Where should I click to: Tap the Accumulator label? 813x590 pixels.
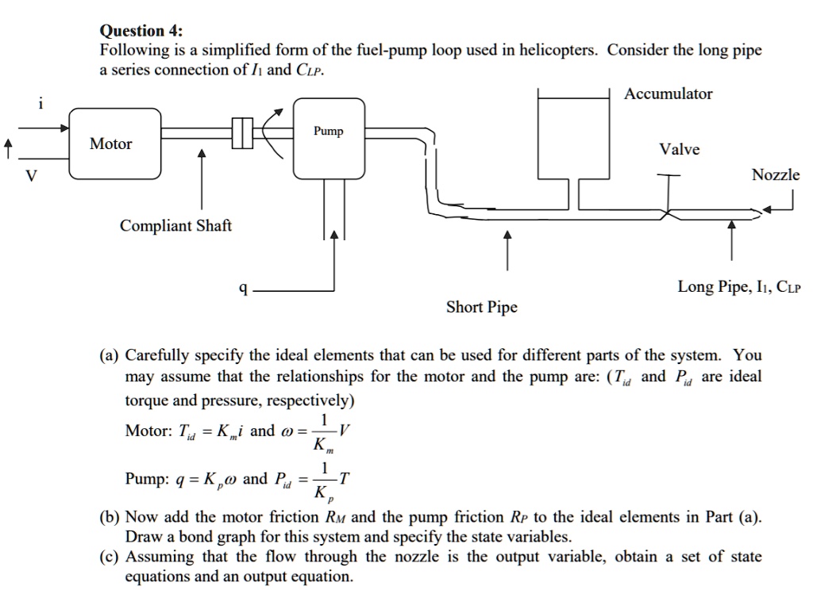pyautogui.click(x=668, y=94)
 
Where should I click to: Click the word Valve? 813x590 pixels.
pyautogui.click(x=680, y=150)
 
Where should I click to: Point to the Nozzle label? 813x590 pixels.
pyautogui.click(x=776, y=174)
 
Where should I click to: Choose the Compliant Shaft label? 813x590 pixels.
pyautogui.click(x=175, y=226)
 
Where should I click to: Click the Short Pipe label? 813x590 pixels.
pyautogui.click(x=481, y=307)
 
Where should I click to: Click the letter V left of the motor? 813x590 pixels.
pyautogui.click(x=32, y=176)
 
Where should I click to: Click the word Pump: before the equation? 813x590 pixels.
pyautogui.click(x=145, y=479)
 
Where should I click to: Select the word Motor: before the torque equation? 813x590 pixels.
pyautogui.click(x=148, y=431)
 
